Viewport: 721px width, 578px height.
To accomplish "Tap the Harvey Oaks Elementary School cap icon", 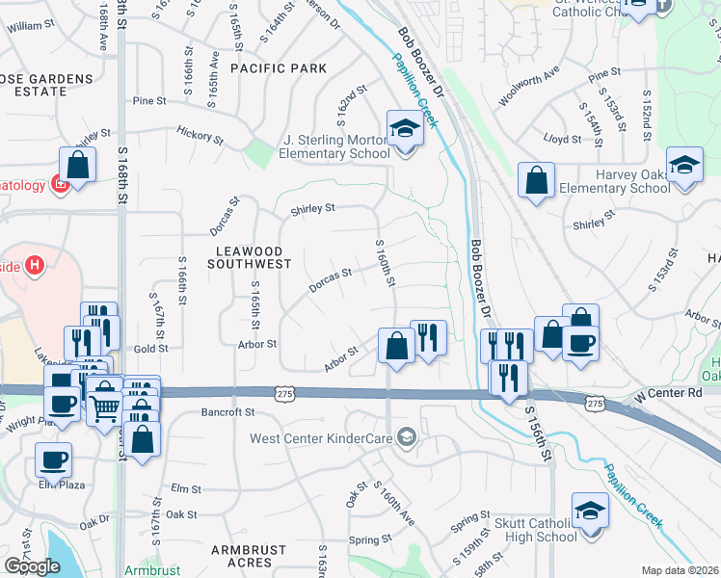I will click(x=684, y=166).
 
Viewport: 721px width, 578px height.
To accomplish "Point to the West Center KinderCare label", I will click(x=322, y=439).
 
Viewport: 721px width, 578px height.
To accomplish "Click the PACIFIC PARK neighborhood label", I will click(x=279, y=68).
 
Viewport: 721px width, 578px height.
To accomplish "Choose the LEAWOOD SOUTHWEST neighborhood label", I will click(x=247, y=256).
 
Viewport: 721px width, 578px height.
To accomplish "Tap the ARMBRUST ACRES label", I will click(x=248, y=551).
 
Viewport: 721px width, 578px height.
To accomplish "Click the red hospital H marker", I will click(x=36, y=265).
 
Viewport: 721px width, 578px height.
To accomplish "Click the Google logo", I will click(x=32, y=565).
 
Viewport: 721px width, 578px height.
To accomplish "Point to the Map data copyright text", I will click(x=680, y=570).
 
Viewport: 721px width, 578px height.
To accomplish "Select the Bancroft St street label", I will click(x=227, y=412).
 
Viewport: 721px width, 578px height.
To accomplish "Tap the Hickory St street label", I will click(x=200, y=137).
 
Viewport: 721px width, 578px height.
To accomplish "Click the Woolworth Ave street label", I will click(x=528, y=87).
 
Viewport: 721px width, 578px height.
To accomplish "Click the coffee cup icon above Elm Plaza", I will click(x=53, y=460).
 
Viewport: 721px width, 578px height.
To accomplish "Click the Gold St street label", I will click(x=151, y=349).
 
